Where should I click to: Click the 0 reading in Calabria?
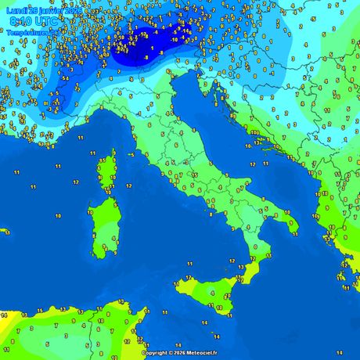(x=255, y=247)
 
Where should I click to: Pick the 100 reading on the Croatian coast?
(x=255, y=133)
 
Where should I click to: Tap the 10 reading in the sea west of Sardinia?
(x=58, y=215)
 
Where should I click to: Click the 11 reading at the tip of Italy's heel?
(x=294, y=231)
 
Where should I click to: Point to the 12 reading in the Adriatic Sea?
(x=253, y=165)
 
